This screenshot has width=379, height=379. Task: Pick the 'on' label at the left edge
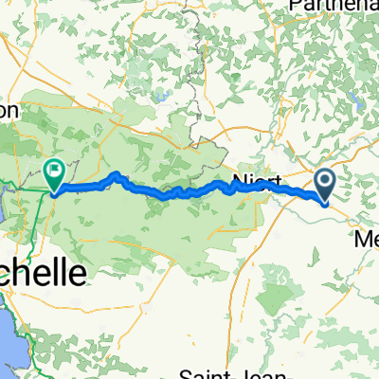click(9, 110)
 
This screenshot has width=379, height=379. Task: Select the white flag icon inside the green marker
click(54, 171)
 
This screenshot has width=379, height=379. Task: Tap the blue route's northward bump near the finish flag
click(117, 175)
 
